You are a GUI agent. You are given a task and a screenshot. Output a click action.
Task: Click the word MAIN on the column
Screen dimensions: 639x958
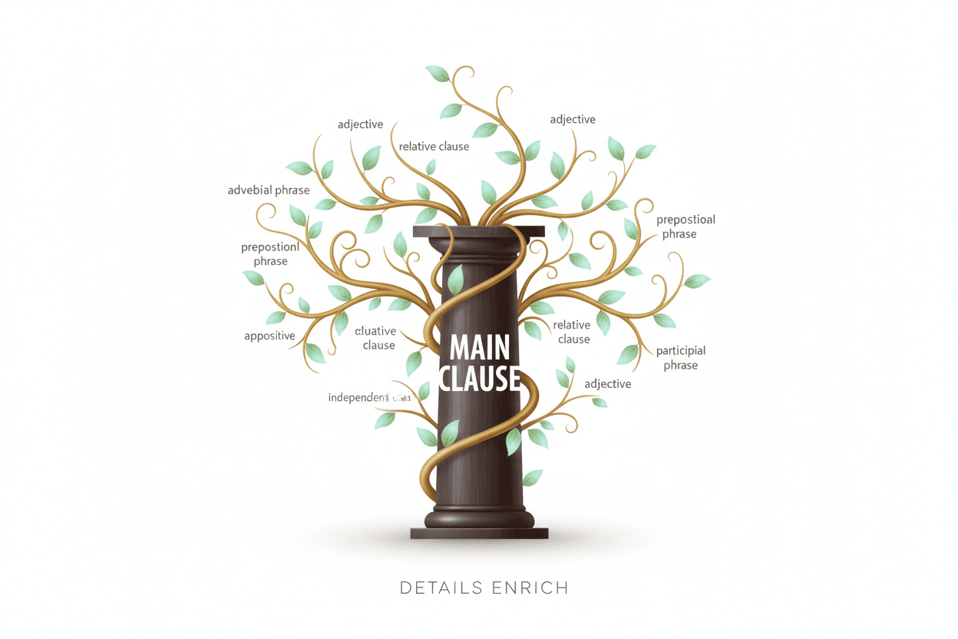tap(479, 348)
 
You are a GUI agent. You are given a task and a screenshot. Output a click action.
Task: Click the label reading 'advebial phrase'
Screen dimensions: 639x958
tap(269, 190)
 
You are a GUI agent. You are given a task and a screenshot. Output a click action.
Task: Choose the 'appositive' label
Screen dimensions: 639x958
tap(269, 336)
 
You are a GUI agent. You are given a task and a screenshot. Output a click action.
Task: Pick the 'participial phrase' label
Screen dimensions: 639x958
tap(680, 358)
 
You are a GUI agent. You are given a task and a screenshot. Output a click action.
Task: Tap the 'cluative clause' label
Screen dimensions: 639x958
tap(378, 338)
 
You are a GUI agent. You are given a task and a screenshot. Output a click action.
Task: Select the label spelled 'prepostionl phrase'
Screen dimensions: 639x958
tap(270, 254)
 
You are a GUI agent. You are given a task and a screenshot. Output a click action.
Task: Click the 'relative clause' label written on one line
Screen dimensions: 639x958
tap(434, 146)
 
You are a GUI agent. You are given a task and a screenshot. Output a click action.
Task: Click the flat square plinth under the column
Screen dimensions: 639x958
tap(479, 533)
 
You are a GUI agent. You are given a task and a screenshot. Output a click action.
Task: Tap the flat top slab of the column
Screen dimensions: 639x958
tap(478, 231)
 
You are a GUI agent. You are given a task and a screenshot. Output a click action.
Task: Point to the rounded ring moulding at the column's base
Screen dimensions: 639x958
tap(479, 518)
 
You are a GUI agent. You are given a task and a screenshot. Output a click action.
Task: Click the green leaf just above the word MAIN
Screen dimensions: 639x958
tap(455, 280)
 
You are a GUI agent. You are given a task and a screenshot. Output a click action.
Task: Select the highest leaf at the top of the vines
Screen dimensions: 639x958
tap(438, 74)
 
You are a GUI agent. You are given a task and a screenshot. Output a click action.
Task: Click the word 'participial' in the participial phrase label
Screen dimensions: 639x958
tap(680, 351)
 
